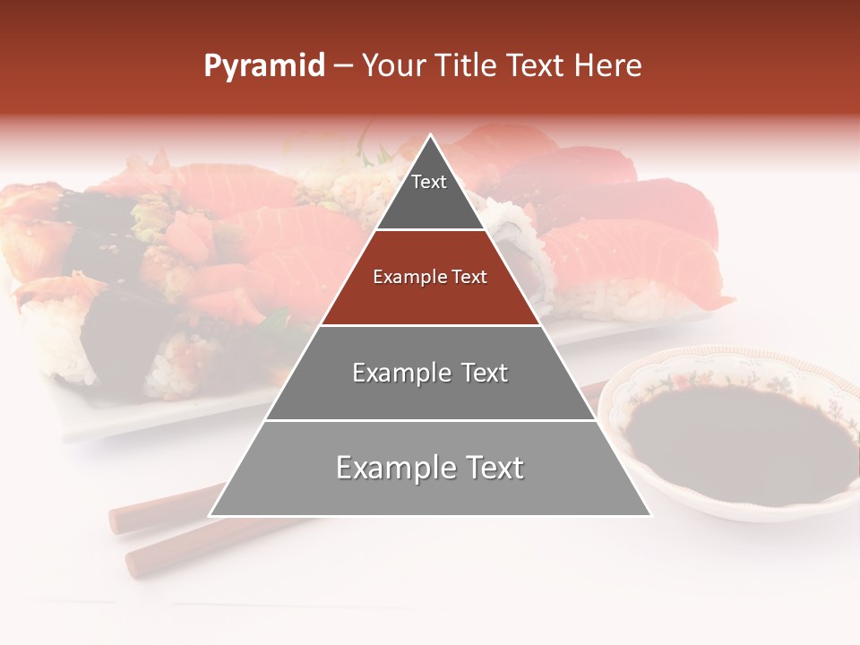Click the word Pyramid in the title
click(263, 65)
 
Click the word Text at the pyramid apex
click(429, 182)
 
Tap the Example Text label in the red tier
click(430, 277)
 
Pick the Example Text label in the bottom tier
click(430, 468)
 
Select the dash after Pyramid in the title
click(342, 65)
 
